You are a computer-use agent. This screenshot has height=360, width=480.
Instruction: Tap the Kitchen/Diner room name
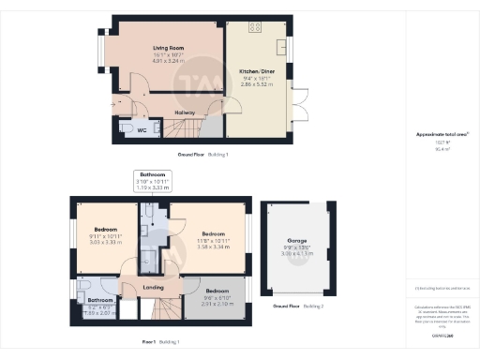(x=257, y=70)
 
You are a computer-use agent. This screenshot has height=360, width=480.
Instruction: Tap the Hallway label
(x=185, y=113)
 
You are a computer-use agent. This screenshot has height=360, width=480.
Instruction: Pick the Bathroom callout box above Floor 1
(x=153, y=181)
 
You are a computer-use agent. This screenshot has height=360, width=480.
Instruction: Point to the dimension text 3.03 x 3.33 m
(x=105, y=242)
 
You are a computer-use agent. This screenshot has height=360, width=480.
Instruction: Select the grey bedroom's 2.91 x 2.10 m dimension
(x=217, y=304)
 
